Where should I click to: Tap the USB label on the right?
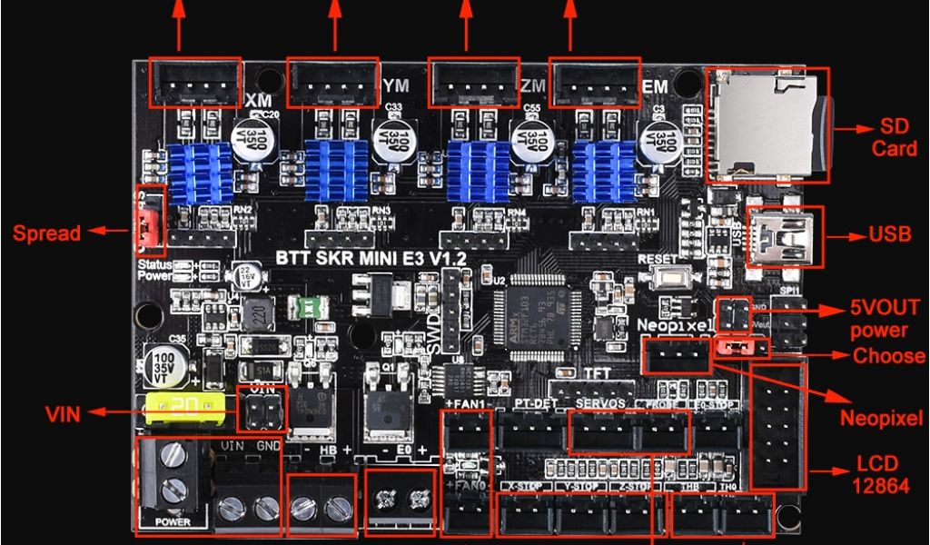[x=889, y=234]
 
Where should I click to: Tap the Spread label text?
[x=46, y=233]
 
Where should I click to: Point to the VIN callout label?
[x=64, y=415]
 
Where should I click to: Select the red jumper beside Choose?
[x=741, y=347]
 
